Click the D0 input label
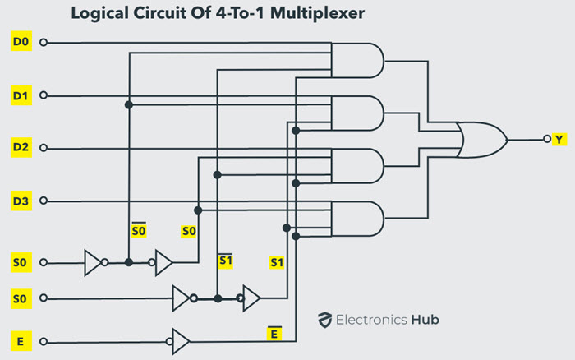pos(20,42)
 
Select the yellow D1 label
pos(20,95)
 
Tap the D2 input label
pos(20,148)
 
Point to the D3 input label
pos(20,201)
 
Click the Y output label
pos(559,140)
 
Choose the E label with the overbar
pos(275,332)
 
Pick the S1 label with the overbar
pos(225,261)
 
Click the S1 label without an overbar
pos(278,262)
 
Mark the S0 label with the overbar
pos(139,231)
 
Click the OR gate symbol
pos(483,140)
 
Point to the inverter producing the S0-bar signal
pos(95,263)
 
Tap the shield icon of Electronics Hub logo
pos(325,321)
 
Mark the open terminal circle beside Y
pos(545,140)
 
